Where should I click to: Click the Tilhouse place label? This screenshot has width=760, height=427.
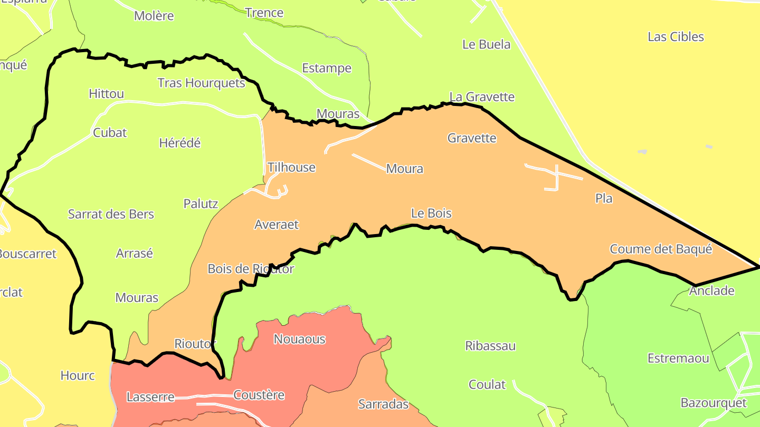coord(291,168)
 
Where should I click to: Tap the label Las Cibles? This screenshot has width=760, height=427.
coord(676,37)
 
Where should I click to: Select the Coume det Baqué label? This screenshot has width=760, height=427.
coord(661,249)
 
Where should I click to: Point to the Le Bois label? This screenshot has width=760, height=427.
coord(431,213)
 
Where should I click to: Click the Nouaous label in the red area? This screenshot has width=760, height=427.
coord(299,339)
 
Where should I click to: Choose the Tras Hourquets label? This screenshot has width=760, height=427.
coord(202,83)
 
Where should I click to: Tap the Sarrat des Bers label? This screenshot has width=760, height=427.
coord(111,214)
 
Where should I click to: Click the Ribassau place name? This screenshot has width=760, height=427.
coord(490,346)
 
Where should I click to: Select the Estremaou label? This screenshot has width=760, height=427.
coord(678,358)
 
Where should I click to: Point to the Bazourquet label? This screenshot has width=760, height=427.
coord(714,403)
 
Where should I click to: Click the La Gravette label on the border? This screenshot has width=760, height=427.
coord(482,97)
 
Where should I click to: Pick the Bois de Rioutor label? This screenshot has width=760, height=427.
coord(251,269)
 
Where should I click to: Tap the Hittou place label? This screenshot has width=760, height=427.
coord(106,94)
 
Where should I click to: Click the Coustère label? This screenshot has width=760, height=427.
coord(259,395)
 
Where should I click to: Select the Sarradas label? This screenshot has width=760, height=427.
coord(383,404)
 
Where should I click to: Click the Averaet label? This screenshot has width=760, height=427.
coord(276,225)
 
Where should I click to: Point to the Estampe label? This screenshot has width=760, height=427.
coord(327,69)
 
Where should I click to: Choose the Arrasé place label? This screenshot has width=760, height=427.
coord(134,253)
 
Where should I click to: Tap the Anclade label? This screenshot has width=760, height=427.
coord(711,290)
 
